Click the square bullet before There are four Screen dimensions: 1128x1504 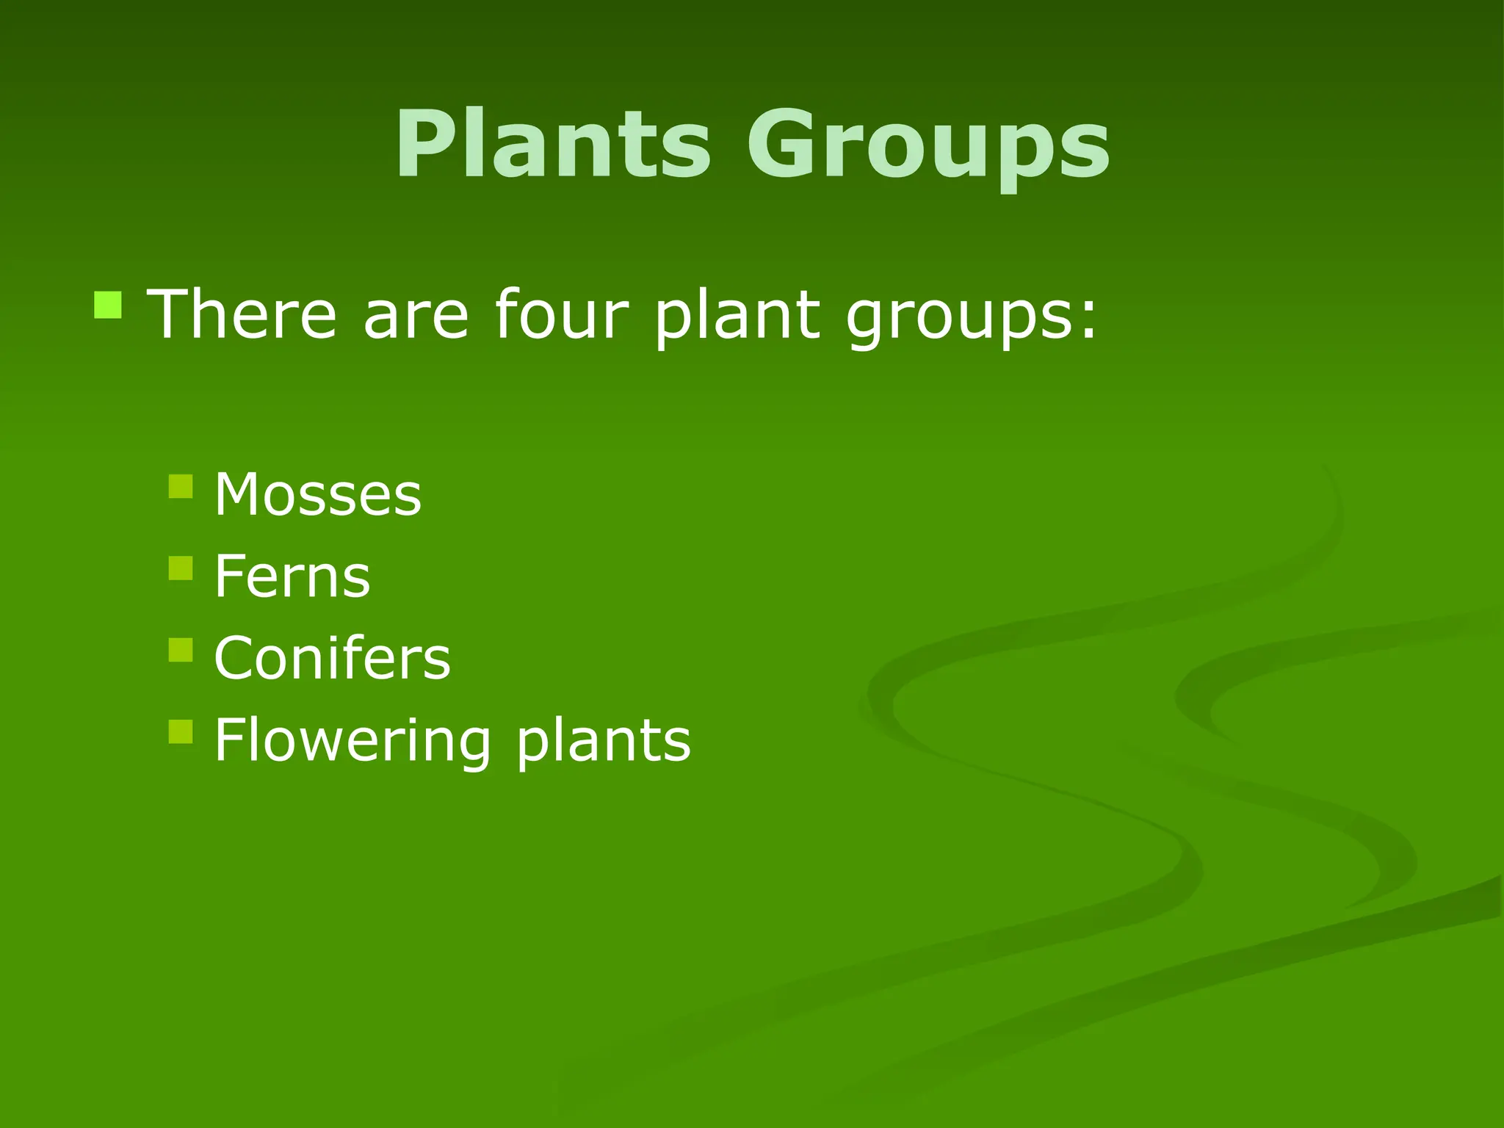(108, 305)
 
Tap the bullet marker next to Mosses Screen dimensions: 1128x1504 (181, 486)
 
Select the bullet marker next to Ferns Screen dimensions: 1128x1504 (181, 568)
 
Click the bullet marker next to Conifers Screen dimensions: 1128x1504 (181, 650)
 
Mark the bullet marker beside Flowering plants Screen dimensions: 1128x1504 (181, 731)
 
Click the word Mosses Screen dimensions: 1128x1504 (317, 494)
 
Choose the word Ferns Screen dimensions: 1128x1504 (292, 576)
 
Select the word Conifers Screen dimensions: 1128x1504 (332, 658)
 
